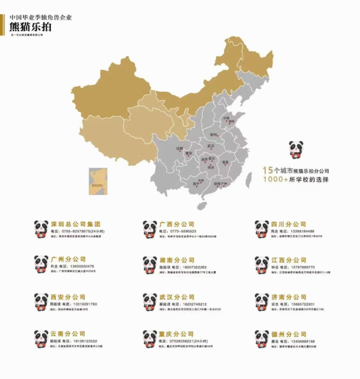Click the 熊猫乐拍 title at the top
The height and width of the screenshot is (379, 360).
pos(31,25)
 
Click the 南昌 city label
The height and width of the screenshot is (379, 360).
pos(226,161)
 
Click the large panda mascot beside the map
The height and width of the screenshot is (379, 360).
pos(295,151)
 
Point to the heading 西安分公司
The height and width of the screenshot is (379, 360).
pos(67,297)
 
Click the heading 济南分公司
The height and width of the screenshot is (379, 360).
pos(288,297)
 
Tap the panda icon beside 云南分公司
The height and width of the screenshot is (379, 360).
pos(41,339)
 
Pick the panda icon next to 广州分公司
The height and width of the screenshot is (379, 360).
pos(41,265)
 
